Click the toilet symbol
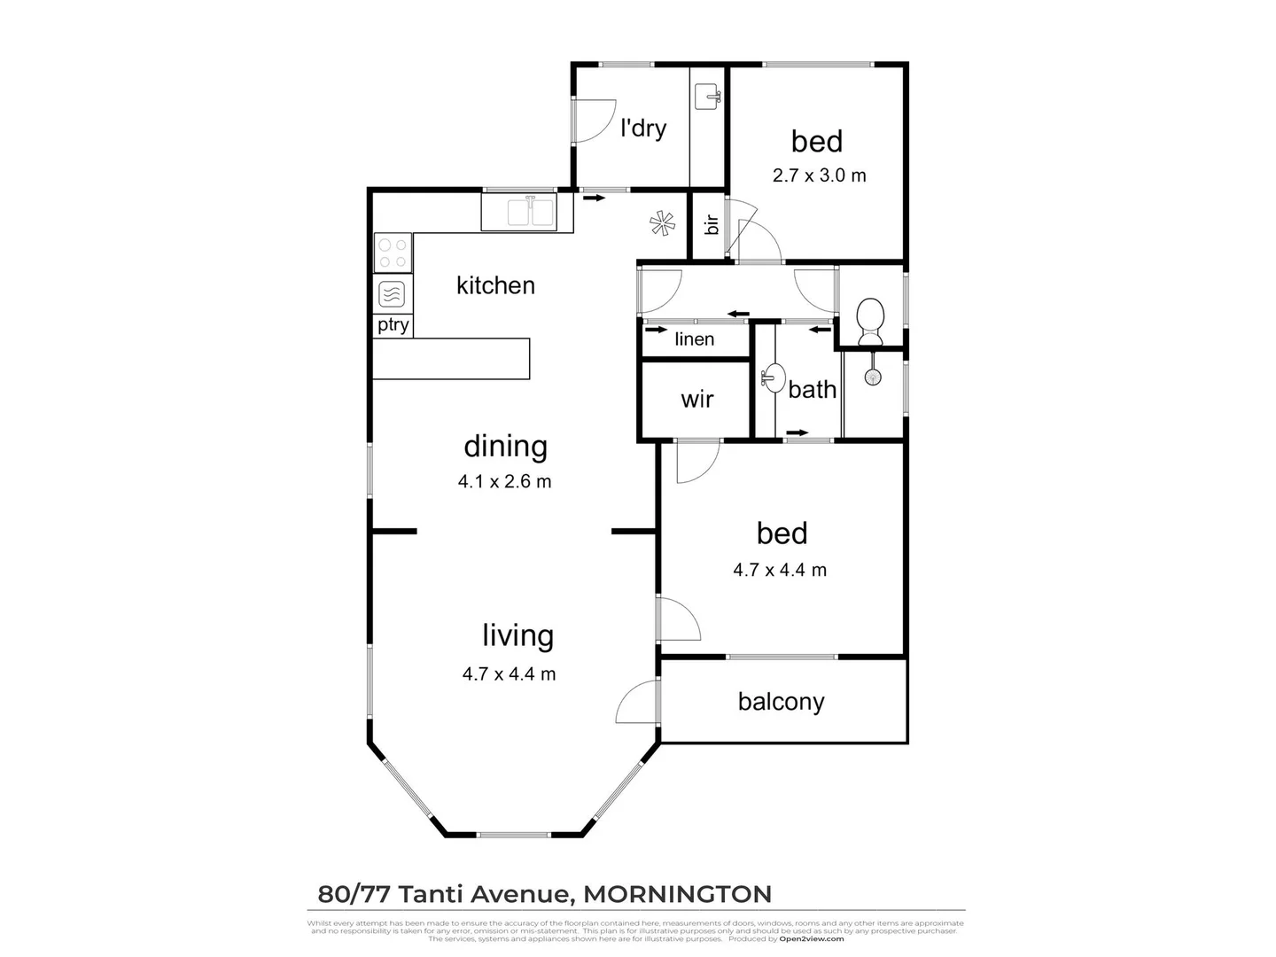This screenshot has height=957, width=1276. [870, 321]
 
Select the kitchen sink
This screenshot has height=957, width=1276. [529, 213]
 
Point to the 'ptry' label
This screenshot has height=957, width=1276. [393, 325]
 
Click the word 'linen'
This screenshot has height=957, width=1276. [694, 339]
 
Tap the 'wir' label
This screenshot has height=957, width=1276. [697, 400]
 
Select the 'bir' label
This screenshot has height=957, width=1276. [711, 224]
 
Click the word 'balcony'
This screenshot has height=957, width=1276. [781, 702]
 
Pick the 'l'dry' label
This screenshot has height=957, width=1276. [643, 128]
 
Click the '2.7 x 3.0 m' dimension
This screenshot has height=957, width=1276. [819, 175]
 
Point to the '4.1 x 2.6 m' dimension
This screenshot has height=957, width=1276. [504, 482]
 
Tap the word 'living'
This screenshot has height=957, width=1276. [517, 635]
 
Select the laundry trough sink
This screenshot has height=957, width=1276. [707, 96]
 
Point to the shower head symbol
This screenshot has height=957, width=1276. [874, 377]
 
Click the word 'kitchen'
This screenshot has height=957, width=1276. [495, 285]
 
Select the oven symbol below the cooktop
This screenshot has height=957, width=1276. [392, 293]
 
